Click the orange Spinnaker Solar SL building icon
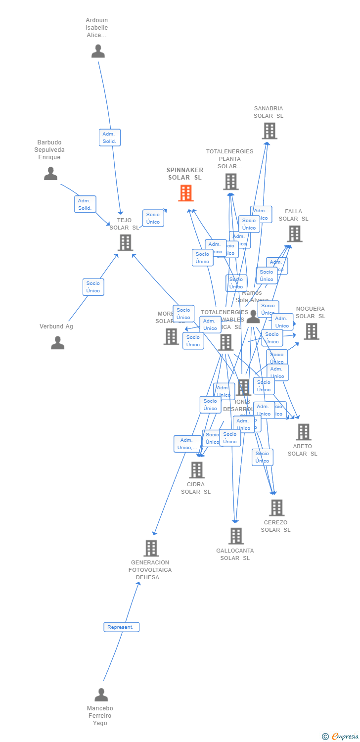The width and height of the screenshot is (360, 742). click(x=186, y=193)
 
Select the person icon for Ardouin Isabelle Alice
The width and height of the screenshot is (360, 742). click(x=98, y=51)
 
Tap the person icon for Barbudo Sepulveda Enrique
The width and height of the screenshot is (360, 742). click(x=50, y=174)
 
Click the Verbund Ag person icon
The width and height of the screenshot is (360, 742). click(x=58, y=343)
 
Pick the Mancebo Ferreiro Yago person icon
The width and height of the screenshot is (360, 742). click(x=101, y=695)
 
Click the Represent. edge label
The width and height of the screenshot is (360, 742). click(x=121, y=627)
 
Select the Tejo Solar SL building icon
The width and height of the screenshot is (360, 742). click(x=125, y=242)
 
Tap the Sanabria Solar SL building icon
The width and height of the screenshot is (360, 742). click(x=269, y=131)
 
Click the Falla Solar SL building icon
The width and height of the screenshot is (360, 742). click(x=294, y=233)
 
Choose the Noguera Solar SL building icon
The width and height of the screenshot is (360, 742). click(x=311, y=331)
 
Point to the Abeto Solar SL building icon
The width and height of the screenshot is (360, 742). click(x=303, y=432)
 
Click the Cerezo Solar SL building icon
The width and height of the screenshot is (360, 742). click(x=276, y=508)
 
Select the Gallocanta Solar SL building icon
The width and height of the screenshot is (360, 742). click(x=236, y=536)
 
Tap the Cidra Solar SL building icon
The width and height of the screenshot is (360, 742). click(x=196, y=470)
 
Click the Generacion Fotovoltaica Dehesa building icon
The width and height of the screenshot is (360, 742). click(x=151, y=548)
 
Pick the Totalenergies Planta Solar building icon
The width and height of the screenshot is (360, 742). click(x=230, y=182)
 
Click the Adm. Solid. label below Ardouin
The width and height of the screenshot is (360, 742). click(x=109, y=138)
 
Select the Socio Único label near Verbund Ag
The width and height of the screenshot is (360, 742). click(x=93, y=287)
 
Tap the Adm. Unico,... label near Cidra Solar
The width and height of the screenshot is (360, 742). click(x=187, y=444)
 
